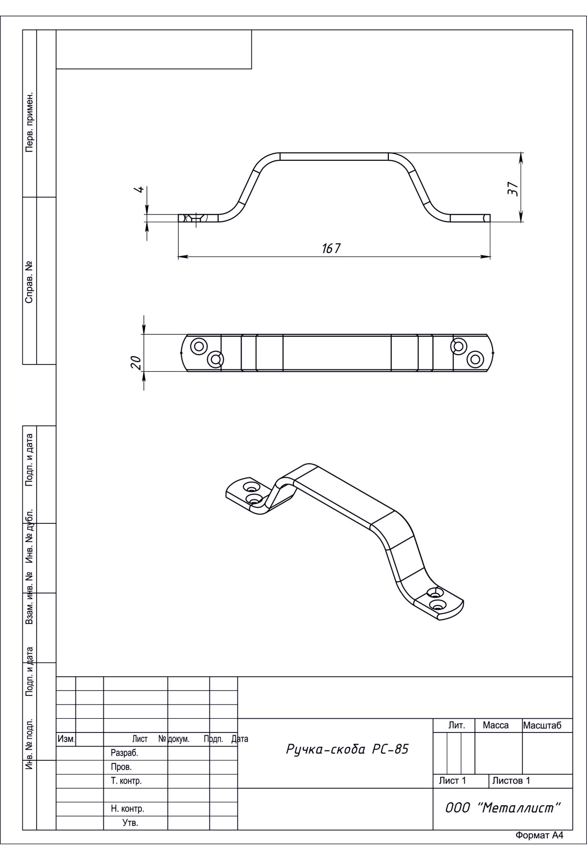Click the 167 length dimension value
point(331,248)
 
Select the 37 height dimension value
point(512,189)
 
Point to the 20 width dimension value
point(136,362)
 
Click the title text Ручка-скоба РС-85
point(347,749)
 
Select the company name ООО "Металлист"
point(502,808)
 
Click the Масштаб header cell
point(542,726)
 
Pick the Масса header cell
point(496,726)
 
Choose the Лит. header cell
point(456,726)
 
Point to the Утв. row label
point(130,823)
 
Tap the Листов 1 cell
point(511,781)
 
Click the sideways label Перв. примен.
point(29,121)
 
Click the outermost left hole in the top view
point(199,346)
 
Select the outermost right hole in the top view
point(475,359)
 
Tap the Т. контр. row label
point(126,781)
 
